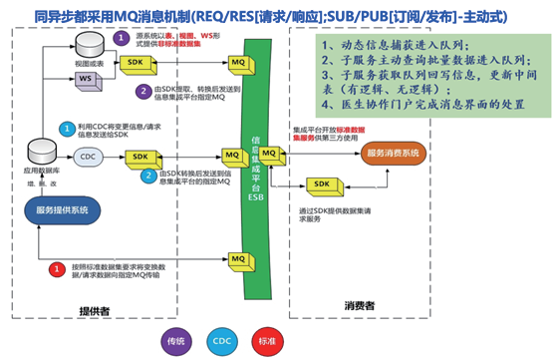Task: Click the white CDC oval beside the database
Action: (x=87, y=156)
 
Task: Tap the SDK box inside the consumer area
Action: (x=320, y=186)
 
